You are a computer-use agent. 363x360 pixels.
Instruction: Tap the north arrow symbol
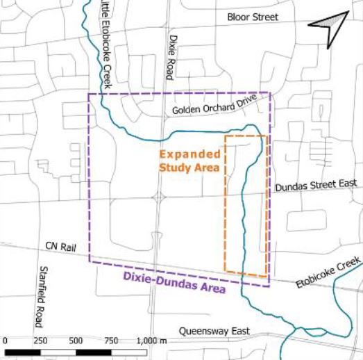328,27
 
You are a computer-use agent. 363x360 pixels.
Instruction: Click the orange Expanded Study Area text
189,161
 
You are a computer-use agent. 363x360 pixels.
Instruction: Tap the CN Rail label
60,246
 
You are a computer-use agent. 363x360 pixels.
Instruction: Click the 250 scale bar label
40,341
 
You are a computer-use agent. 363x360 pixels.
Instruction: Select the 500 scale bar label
76,341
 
